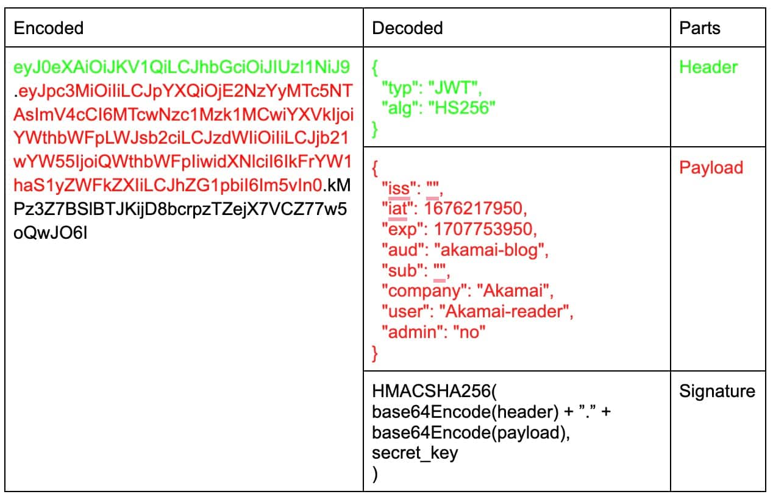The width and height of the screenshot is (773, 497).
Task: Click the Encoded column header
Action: [49, 28]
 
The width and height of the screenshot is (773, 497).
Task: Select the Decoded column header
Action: [407, 28]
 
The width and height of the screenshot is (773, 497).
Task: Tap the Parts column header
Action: [700, 28]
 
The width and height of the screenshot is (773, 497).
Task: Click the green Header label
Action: [708, 67]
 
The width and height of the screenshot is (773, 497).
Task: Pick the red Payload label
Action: [711, 167]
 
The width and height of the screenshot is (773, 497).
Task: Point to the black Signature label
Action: [717, 391]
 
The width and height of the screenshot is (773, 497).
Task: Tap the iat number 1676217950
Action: [474, 208]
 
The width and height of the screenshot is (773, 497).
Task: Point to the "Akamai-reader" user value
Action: [508, 312]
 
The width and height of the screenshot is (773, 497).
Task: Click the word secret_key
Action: [415, 453]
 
